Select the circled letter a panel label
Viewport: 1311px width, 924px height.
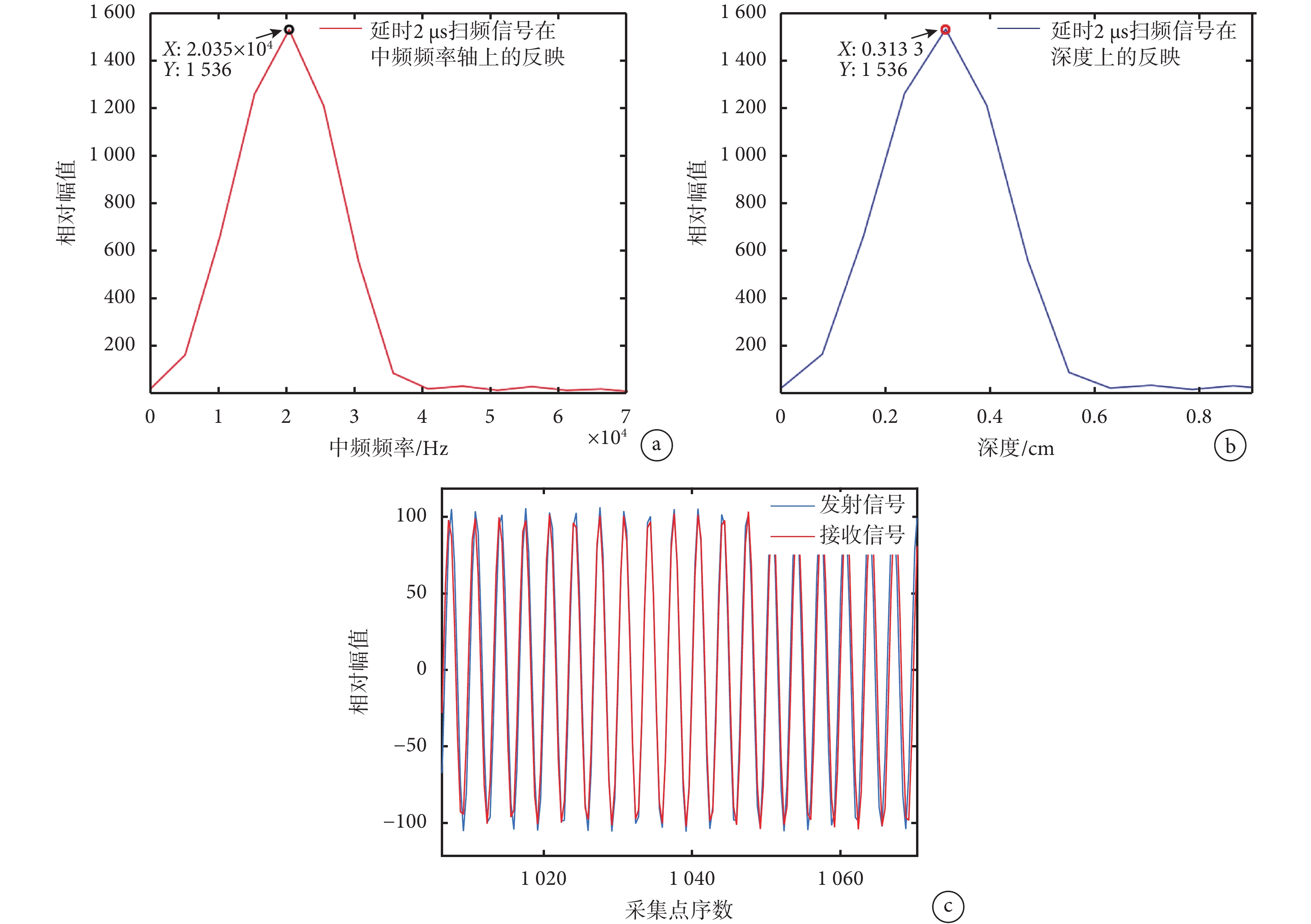pos(657,445)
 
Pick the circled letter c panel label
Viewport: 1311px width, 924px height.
pos(948,906)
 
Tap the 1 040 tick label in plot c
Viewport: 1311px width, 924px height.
pos(692,878)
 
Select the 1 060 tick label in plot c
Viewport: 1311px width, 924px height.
pos(840,878)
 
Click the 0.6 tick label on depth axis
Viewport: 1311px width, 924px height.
pos(1094,417)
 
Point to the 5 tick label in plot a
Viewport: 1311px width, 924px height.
pos(490,417)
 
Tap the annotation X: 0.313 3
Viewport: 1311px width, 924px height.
pos(880,49)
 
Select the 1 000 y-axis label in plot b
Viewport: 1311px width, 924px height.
pos(743,154)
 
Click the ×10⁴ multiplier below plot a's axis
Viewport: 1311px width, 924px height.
pos(607,438)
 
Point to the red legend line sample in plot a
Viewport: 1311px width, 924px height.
pos(340,28)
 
